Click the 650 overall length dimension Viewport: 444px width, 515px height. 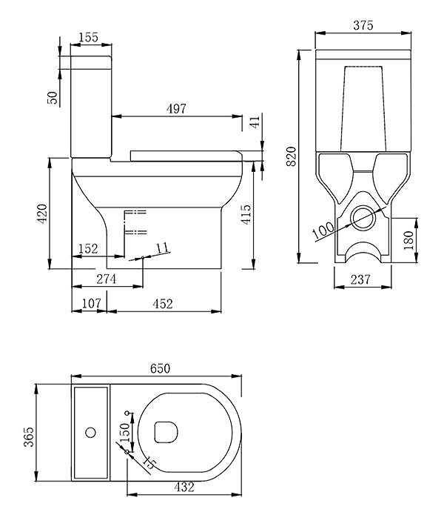click(x=160, y=368)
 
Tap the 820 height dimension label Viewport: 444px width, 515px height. click(x=292, y=156)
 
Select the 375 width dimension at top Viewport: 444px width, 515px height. click(x=363, y=25)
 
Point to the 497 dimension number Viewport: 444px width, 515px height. click(x=176, y=109)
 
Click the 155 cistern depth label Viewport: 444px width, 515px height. click(x=89, y=37)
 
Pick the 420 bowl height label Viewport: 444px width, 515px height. click(x=42, y=214)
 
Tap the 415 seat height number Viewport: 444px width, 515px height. click(x=246, y=214)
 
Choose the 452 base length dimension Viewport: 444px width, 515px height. click(x=163, y=304)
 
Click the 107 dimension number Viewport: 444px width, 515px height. click(x=91, y=303)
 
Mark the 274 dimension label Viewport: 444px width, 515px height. click(x=107, y=279)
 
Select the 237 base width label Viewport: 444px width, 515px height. click(x=360, y=279)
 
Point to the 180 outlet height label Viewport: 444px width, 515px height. click(x=408, y=240)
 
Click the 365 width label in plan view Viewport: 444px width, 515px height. click(x=29, y=437)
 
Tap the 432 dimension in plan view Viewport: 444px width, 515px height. click(x=184, y=487)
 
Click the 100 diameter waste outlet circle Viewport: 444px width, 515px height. click(x=363, y=218)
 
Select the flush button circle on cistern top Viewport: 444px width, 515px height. click(x=90, y=432)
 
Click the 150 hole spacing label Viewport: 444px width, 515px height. click(x=125, y=432)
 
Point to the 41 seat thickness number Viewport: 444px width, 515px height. click(x=255, y=121)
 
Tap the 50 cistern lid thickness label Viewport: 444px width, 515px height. click(x=52, y=98)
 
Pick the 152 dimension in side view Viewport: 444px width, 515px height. click(x=88, y=249)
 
